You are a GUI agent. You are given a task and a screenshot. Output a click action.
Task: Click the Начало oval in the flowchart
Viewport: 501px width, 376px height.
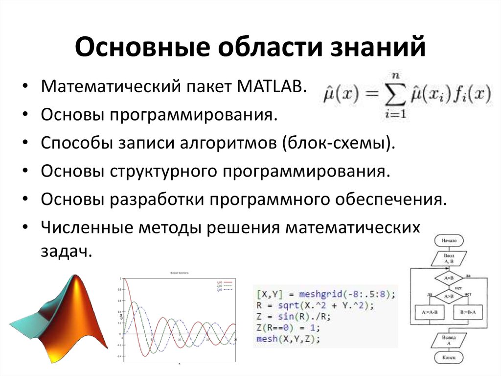[x=449, y=241]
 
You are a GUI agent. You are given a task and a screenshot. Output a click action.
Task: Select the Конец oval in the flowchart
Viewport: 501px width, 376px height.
[x=449, y=358]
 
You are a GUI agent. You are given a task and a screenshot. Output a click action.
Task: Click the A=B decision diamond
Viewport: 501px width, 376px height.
[x=449, y=278]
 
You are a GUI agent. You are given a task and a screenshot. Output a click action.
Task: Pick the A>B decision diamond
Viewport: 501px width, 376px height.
[x=449, y=296]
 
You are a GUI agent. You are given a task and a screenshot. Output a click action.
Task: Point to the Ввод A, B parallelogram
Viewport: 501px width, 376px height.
[x=449, y=258]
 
